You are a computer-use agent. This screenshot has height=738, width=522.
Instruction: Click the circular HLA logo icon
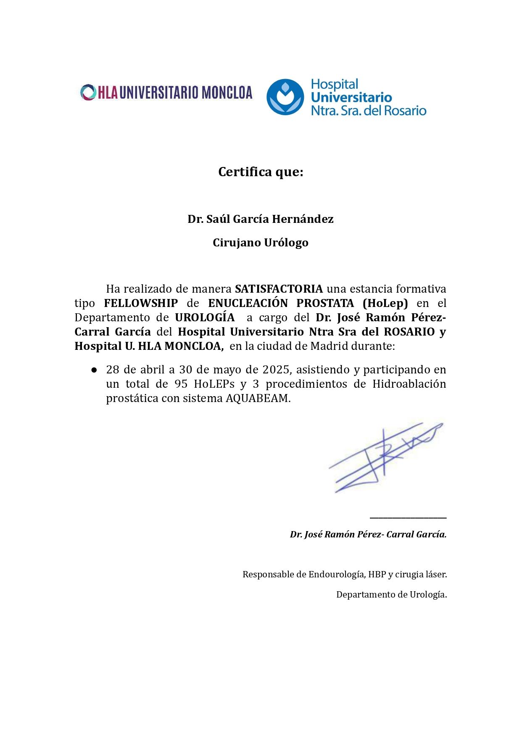coord(88,93)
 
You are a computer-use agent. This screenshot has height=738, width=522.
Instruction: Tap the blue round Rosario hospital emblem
coord(285,97)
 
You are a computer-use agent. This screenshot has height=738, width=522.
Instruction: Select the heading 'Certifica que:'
coord(261,172)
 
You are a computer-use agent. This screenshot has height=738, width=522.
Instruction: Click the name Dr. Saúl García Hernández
coord(261,219)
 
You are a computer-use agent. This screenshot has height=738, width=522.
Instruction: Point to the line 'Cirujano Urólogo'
coord(261,243)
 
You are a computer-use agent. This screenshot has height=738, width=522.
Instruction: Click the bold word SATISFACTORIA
coord(279,289)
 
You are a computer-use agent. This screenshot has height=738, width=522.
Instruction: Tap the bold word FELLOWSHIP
coord(141,303)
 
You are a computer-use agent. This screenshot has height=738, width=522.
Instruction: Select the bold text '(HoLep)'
coord(385,303)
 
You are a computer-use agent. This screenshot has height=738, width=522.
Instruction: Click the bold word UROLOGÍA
coord(205,317)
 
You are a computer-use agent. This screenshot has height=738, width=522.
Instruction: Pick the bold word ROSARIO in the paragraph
coord(409,332)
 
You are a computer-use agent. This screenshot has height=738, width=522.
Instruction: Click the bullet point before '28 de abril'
coord(94,370)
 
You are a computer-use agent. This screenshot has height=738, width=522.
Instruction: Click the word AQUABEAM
coord(258,398)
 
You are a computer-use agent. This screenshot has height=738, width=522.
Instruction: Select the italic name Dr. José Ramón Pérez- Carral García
coord(368,534)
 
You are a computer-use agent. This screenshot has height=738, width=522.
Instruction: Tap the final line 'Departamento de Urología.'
coord(391,595)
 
